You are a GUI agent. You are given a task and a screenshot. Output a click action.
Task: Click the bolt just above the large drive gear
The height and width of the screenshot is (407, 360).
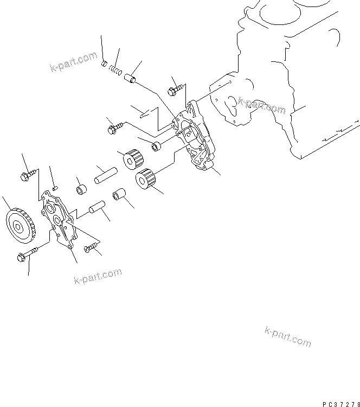29,174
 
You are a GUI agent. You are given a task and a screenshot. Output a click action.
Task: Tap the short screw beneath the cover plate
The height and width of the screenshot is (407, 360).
93,249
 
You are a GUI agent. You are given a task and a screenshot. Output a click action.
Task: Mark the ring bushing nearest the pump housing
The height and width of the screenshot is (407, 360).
157,146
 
